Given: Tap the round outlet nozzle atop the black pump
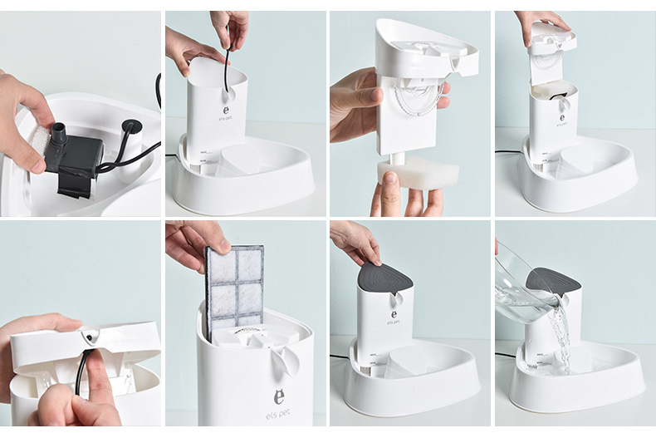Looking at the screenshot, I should pos(60,131).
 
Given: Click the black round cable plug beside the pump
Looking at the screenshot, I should pos(130,127).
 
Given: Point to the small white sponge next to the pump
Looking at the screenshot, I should pos(41,142).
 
